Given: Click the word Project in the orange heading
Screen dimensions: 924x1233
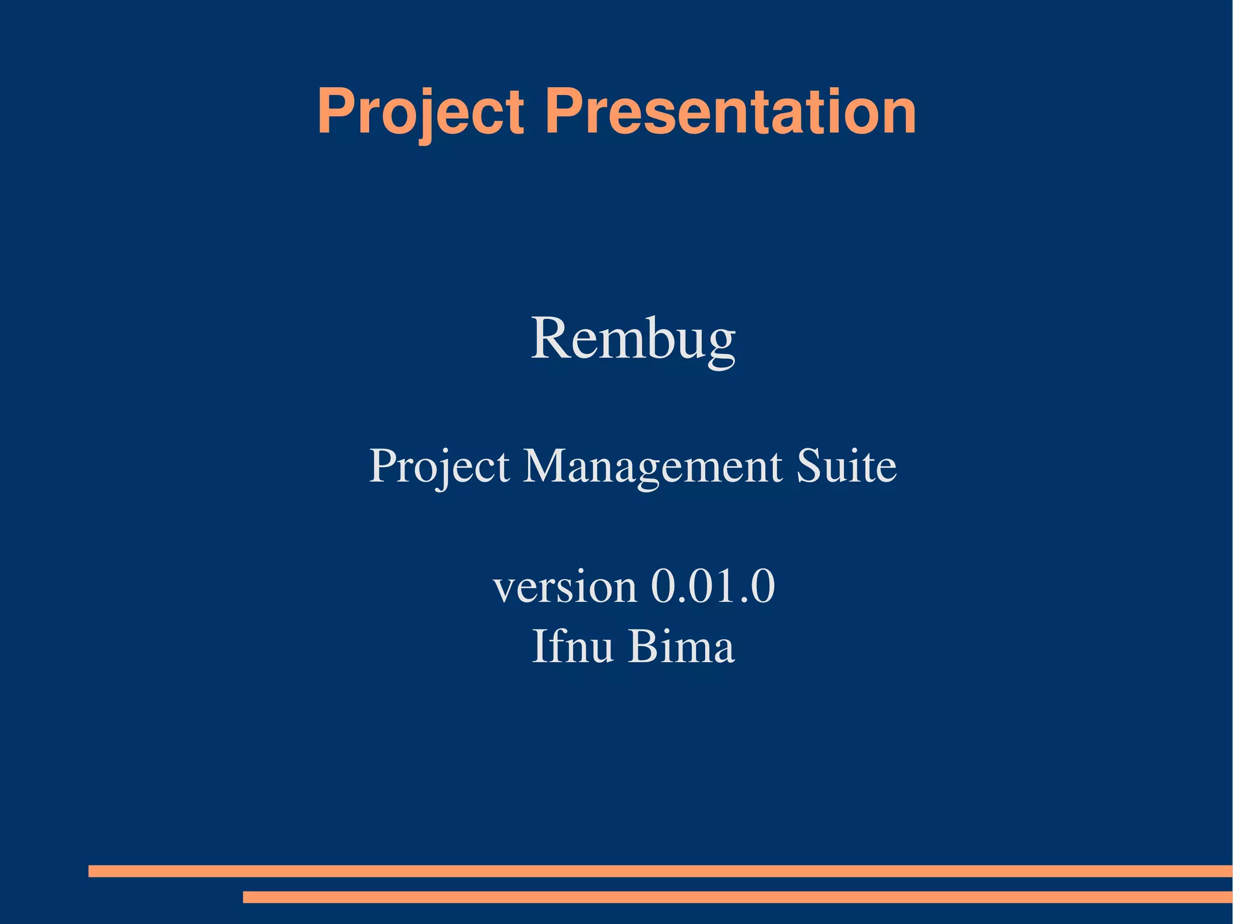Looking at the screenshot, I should pyautogui.click(x=420, y=113).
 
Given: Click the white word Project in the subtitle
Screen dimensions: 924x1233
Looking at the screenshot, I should pyautogui.click(x=439, y=466).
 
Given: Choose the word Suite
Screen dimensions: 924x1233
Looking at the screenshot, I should pyautogui.click(x=846, y=466).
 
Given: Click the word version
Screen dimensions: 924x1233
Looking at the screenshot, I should pyautogui.click(x=565, y=586).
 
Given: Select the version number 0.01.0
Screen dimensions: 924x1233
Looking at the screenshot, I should pyautogui.click(x=713, y=586).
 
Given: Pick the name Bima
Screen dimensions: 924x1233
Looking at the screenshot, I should pyautogui.click(x=682, y=646).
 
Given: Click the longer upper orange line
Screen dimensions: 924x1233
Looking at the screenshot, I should pyautogui.click(x=660, y=871).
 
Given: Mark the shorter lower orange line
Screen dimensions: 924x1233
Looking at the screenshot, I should pyautogui.click(x=738, y=897).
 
